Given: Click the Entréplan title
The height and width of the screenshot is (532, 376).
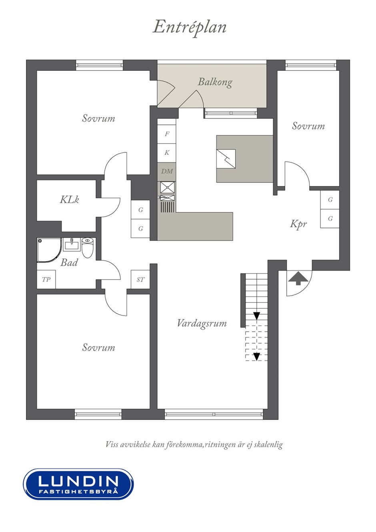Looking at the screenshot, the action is (189, 28).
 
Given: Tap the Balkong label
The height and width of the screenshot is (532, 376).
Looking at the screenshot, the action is (215, 82).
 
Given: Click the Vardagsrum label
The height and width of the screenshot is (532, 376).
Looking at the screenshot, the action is (202, 324).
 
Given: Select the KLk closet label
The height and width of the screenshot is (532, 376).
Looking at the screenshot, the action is (69, 200).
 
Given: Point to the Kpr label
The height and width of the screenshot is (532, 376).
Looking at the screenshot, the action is (298, 224).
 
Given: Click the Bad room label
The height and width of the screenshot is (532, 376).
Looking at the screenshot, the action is (69, 262).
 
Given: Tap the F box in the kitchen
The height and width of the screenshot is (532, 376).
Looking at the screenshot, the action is (167, 134).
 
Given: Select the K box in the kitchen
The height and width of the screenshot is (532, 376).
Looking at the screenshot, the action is (167, 153).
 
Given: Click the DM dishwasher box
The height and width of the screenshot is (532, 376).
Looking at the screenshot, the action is (167, 171).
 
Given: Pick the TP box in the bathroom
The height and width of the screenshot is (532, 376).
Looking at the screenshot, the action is (46, 279).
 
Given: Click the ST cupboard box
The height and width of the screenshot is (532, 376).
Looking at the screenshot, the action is (140, 279).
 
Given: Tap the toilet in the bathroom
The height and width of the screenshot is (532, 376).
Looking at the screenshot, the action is (88, 248).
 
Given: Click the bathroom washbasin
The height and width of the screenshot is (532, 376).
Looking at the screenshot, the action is (71, 245).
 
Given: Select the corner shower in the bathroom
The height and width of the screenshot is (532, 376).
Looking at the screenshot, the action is (49, 250).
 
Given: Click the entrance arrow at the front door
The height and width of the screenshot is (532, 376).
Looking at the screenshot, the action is (298, 278).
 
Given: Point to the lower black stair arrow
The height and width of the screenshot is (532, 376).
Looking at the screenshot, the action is (256, 357).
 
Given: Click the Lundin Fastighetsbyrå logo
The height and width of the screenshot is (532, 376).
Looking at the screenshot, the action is (78, 484).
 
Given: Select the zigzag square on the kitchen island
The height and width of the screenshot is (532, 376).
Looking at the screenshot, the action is (226, 159).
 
